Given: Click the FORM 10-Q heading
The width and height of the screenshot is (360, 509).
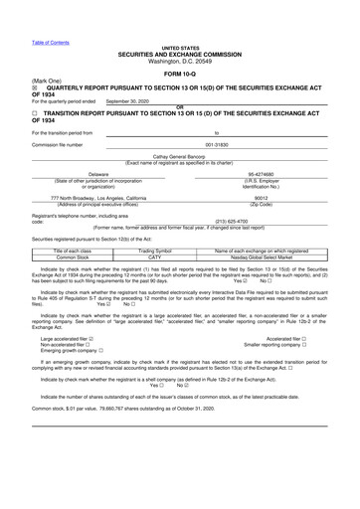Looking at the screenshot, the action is [x=180, y=71].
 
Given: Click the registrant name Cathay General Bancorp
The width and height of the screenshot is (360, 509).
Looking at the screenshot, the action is [x=179, y=157].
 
